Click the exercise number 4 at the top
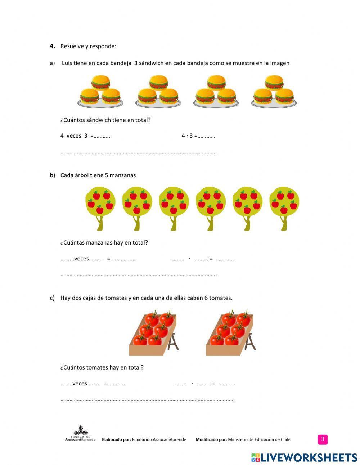52,46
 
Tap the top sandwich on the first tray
100,82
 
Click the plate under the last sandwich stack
274,104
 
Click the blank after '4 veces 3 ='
102,136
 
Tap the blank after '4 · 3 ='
206,136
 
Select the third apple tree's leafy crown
174,202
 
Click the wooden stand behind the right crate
249,342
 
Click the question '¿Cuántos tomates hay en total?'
102,367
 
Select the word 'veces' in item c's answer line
80,384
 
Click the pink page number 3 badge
323,439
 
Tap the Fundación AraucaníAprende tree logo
80,434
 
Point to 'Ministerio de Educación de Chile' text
259,439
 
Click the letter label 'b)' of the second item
53,175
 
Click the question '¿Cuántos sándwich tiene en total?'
105,120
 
